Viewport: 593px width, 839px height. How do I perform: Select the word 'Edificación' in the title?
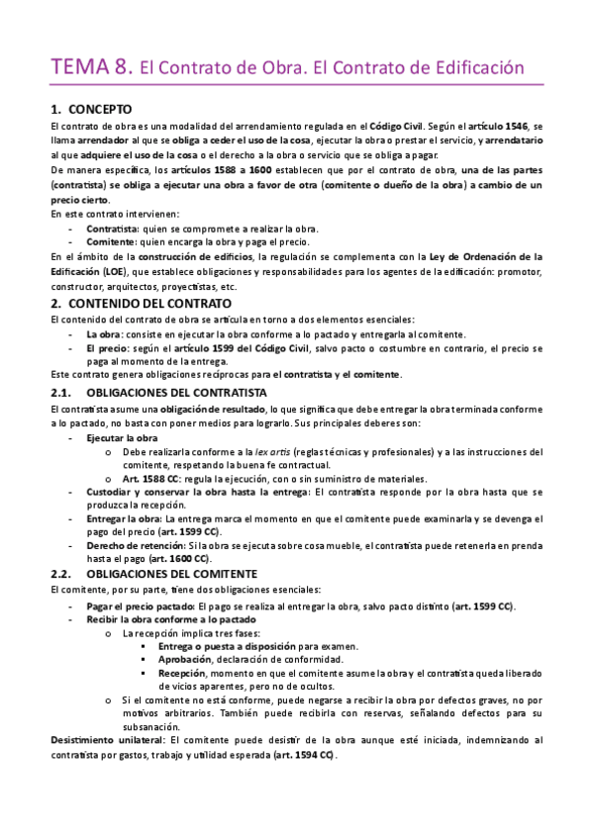pyautogui.click(x=469, y=68)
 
